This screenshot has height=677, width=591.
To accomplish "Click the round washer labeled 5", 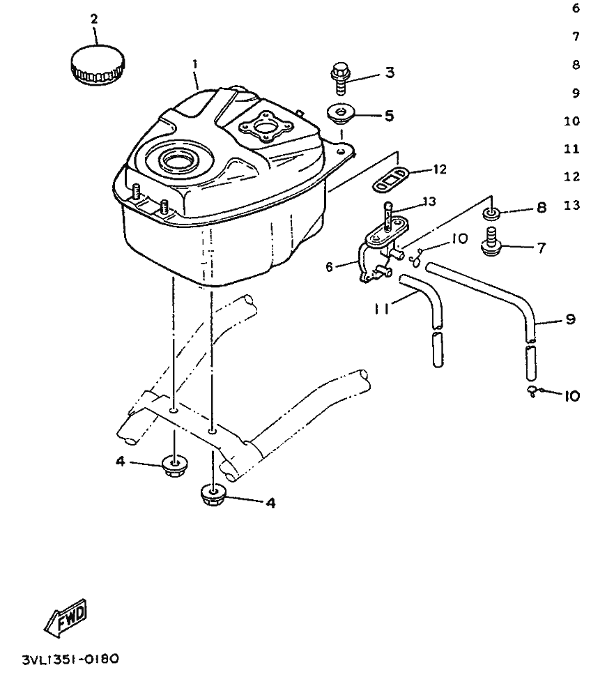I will (x=341, y=114).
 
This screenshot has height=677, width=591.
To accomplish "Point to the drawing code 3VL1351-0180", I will (x=62, y=657).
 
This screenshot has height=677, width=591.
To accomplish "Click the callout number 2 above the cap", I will (x=94, y=19).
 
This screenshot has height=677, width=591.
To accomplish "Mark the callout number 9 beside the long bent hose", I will (x=570, y=319).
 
